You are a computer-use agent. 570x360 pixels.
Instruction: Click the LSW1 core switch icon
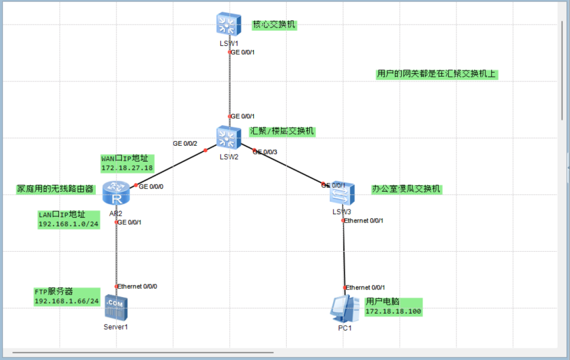pyautogui.click(x=226, y=24)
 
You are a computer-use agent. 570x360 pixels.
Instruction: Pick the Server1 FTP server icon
pyautogui.click(x=114, y=307)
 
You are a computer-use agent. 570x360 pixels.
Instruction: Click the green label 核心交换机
pyautogui.click(x=274, y=24)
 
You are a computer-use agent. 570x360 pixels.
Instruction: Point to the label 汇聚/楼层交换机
pyautogui.click(x=282, y=131)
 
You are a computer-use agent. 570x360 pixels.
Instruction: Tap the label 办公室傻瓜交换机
pyautogui.click(x=406, y=189)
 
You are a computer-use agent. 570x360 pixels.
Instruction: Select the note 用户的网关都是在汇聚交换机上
pyautogui.click(x=437, y=74)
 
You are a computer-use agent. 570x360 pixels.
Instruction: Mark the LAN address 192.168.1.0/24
pyautogui.click(x=69, y=224)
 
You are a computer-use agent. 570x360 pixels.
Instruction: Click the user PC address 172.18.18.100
pyautogui.click(x=393, y=312)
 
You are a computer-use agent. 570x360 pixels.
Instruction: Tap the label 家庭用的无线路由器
pyautogui.click(x=56, y=189)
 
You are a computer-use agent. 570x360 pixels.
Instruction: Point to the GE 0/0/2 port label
pyautogui.click(x=185, y=143)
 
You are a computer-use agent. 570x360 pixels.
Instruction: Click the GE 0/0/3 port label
pyautogui.click(x=265, y=151)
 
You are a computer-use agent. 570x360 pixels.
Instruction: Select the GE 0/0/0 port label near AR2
pyautogui.click(x=151, y=186)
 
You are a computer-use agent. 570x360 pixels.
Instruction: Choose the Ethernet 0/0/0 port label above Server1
pyautogui.click(x=137, y=286)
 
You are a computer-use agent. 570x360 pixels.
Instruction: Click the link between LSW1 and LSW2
pyautogui.click(x=230, y=85)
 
